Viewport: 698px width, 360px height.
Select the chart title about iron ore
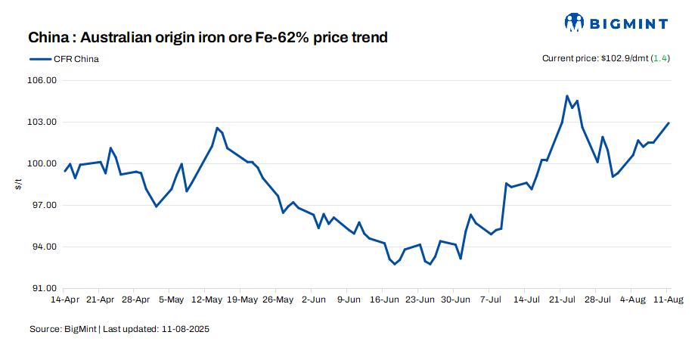pyautogui.click(x=208, y=37)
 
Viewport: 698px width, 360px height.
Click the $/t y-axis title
pyautogui.click(x=18, y=185)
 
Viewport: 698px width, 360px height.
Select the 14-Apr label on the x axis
pyautogui.click(x=65, y=300)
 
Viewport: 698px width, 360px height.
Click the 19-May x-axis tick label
pyautogui.click(x=242, y=300)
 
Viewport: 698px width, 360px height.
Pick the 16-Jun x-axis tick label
pyautogui.click(x=384, y=300)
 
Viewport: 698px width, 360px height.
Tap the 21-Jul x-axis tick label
pyautogui.click(x=561, y=300)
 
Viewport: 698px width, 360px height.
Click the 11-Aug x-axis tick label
pyautogui.click(x=667, y=300)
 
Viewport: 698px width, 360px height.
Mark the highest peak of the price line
pyautogui.click(x=566, y=96)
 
